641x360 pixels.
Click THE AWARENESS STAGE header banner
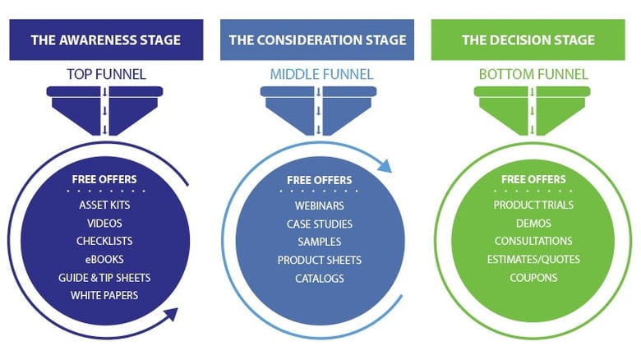pos(106,39)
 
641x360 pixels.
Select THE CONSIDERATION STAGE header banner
pos(316,39)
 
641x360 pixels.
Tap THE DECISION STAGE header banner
pos(528,39)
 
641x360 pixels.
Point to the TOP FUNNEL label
pos(106,74)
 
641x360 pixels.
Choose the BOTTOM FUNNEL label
pos(533,74)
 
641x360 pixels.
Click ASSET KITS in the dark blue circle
pos(104,205)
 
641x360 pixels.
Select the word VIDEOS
pos(104,223)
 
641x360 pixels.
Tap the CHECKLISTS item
pos(104,241)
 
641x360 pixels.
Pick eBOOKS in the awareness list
pos(104,259)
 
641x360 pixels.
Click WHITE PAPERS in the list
pos(104,295)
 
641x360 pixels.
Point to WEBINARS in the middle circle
pos(319,205)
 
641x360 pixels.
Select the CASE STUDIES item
pos(319,224)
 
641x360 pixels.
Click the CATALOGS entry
pos(319,279)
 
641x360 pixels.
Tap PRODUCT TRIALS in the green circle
pos(533,205)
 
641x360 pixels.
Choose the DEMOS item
pos(533,223)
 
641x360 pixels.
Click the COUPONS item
pos(533,278)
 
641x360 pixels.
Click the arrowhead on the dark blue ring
pos(170,314)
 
